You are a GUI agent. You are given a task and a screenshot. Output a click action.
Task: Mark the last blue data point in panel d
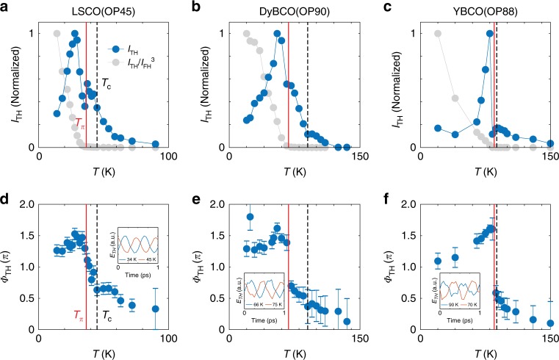click(156, 309)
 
